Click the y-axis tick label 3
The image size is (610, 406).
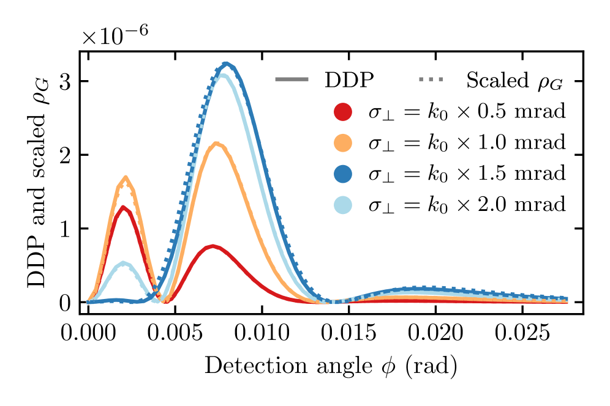[65, 81]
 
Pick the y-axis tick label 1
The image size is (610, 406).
[65, 229]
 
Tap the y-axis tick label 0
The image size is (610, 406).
[65, 303]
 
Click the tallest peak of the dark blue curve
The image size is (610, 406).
[227, 64]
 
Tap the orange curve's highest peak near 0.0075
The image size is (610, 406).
[217, 144]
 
